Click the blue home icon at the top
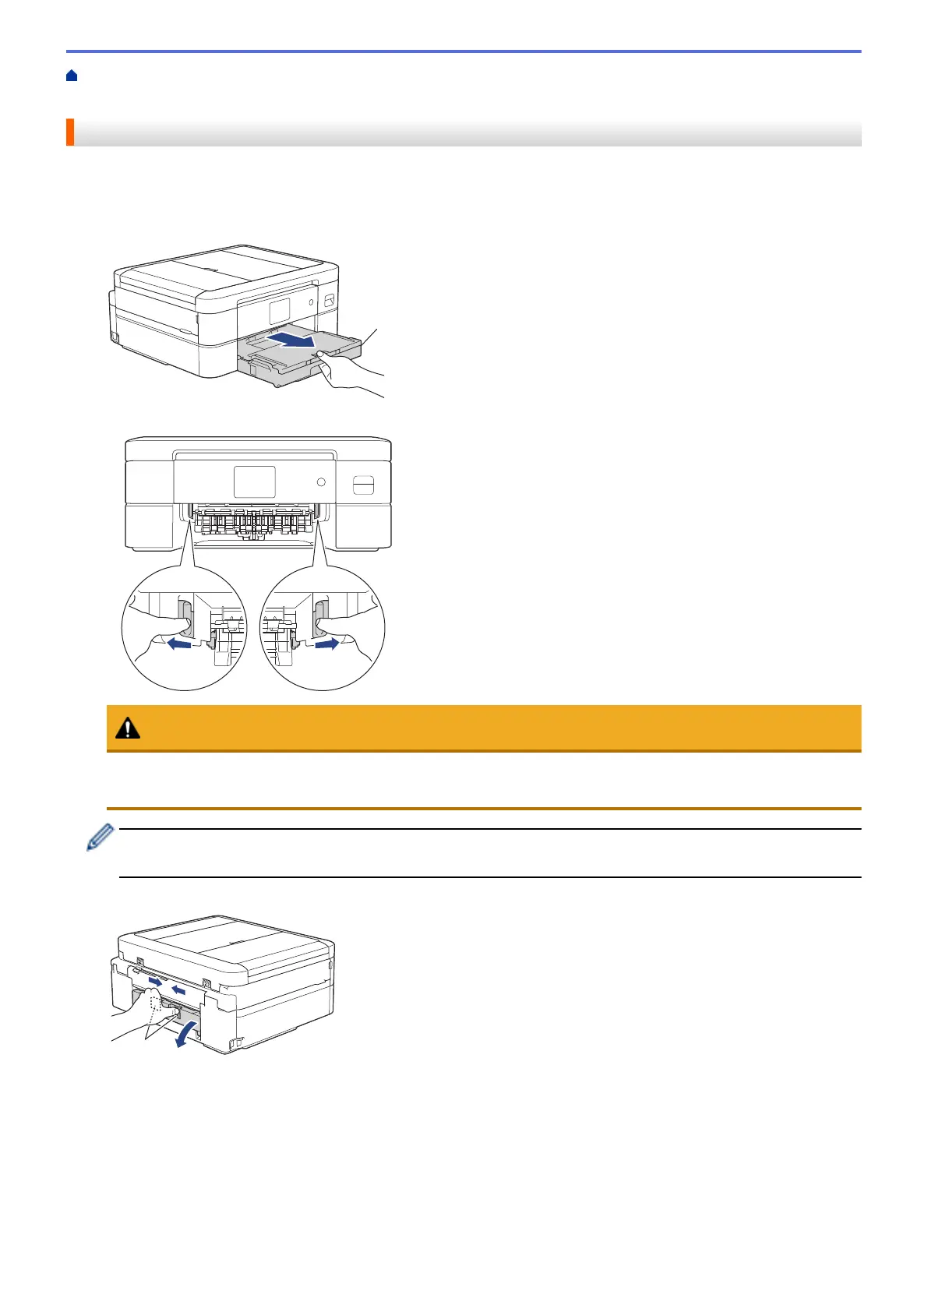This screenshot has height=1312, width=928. click(72, 76)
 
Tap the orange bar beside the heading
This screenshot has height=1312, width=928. click(70, 132)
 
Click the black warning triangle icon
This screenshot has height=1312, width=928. click(128, 728)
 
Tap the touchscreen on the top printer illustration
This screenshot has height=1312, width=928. click(280, 311)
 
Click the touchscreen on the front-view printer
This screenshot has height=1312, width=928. click(254, 481)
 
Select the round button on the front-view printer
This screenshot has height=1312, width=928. click(321, 483)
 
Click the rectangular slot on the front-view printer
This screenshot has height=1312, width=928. click(363, 485)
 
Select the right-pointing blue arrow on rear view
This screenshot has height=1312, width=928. click(157, 981)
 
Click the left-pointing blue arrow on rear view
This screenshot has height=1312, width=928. click(179, 989)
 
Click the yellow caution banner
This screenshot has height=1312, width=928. click(483, 728)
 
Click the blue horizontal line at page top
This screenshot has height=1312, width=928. click(464, 51)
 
